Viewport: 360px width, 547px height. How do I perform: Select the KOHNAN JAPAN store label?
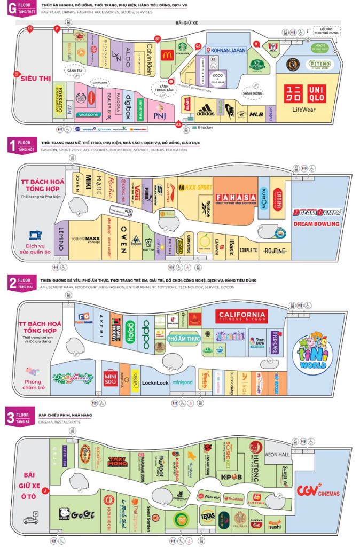pyautogui.click(x=228, y=51)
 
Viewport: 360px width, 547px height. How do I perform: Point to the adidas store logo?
pyautogui.click(x=205, y=111)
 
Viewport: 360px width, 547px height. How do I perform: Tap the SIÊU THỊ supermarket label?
pyautogui.click(x=35, y=79)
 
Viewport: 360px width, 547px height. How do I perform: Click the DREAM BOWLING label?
pyautogui.click(x=316, y=224)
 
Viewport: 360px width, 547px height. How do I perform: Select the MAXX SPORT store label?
pyautogui.click(x=195, y=187)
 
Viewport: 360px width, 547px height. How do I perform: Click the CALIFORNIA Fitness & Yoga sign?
pyautogui.click(x=241, y=316)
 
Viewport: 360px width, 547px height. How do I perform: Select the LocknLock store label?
pyautogui.click(x=155, y=383)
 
